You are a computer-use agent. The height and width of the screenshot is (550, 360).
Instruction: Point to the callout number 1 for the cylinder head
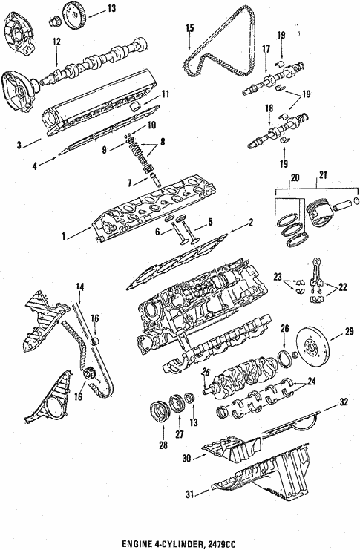(x=66, y=237)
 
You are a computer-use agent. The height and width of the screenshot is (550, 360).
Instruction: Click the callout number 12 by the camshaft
(x=56, y=42)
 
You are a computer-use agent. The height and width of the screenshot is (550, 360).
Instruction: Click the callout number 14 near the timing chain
(x=79, y=287)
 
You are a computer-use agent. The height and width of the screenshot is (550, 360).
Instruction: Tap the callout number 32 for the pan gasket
(x=343, y=402)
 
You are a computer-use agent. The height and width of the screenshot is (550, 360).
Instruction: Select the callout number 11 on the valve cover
(x=166, y=94)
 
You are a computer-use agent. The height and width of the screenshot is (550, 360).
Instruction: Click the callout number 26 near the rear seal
(x=284, y=327)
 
